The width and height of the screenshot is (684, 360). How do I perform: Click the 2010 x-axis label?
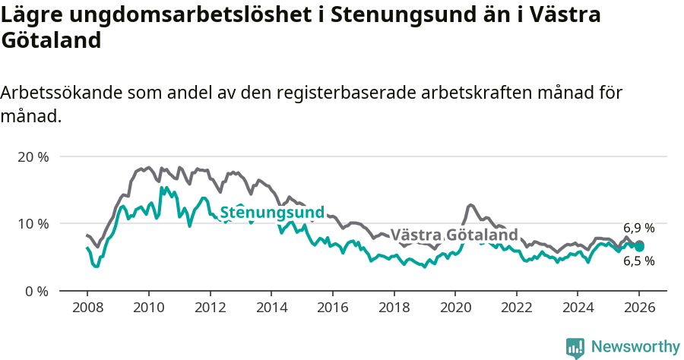tap(148, 308)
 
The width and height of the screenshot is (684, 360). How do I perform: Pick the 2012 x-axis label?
tap(210, 308)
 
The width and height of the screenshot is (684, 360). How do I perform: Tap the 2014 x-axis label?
tap(271, 308)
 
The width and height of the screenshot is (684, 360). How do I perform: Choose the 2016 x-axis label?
tap(332, 308)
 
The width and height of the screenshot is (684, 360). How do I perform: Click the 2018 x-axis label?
tap(394, 308)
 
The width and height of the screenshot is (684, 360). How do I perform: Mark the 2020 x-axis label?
tap(454, 308)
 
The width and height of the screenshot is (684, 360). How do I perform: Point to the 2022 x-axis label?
tap(516, 308)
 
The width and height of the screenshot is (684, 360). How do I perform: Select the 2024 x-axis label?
tap(578, 308)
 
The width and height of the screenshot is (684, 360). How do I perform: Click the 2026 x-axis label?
tap(639, 308)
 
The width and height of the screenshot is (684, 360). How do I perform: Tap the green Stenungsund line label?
tap(272, 213)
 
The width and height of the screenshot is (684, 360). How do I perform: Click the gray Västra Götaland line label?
tap(454, 235)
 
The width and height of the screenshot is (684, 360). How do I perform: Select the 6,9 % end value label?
tap(638, 228)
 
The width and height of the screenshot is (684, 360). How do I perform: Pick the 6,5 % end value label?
tap(638, 261)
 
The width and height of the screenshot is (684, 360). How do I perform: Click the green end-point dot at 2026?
tap(639, 247)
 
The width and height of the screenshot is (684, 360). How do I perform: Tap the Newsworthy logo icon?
tap(575, 347)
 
